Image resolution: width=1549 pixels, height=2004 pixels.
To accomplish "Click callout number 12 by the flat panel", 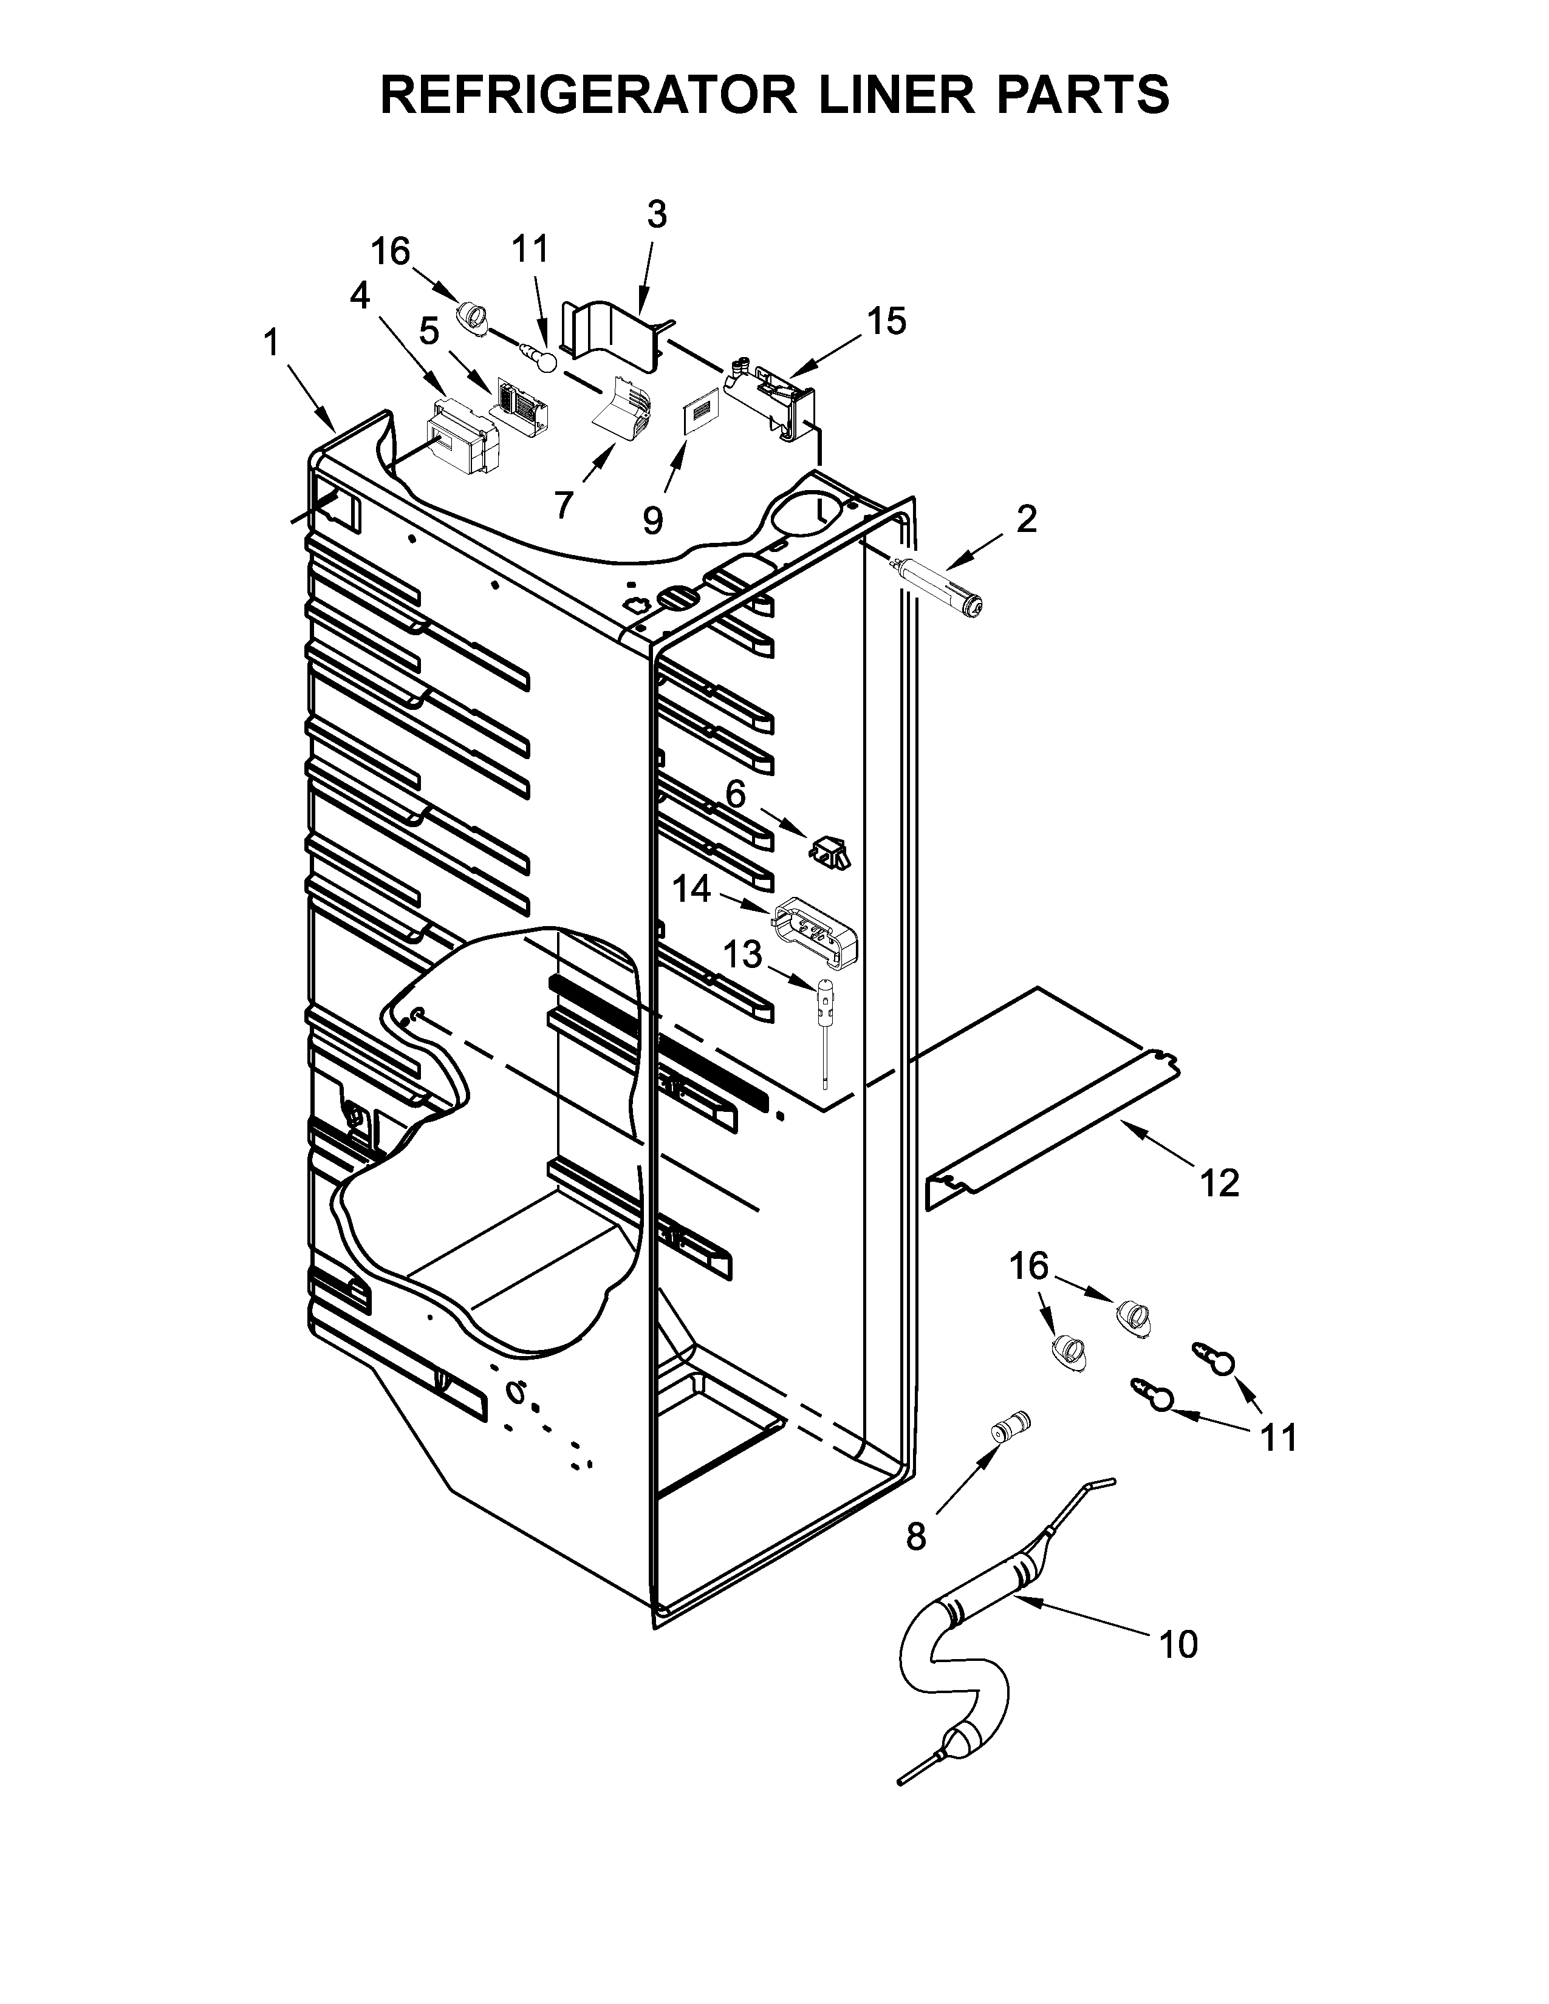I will tap(1220, 1184).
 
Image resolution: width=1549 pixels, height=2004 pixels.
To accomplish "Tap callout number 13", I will tap(744, 955).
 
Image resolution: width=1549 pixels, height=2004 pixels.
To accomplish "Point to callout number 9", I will tap(652, 521).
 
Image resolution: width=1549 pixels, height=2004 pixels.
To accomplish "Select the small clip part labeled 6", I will tap(829, 851).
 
